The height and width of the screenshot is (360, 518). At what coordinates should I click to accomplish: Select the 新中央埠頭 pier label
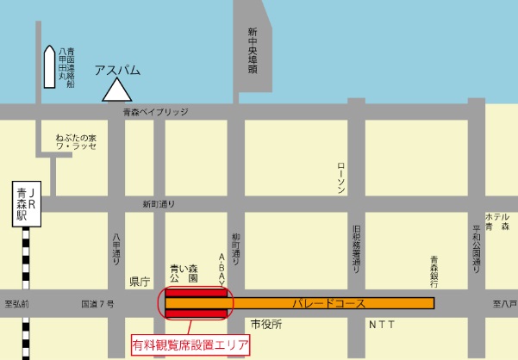point(253,51)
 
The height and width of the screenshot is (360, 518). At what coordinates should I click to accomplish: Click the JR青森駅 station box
point(28,205)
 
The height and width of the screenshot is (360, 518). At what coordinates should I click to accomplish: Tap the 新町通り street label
point(159,204)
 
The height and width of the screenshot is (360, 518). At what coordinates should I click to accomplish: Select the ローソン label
point(341,177)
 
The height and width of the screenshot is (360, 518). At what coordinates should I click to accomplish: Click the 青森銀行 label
point(434,271)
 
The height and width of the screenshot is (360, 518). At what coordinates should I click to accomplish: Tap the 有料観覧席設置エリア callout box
point(190,346)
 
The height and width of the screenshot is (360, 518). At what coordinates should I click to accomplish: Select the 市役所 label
point(266,324)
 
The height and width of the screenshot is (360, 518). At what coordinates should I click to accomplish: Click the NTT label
point(383,325)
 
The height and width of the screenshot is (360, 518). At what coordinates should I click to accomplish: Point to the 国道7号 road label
point(97,304)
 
